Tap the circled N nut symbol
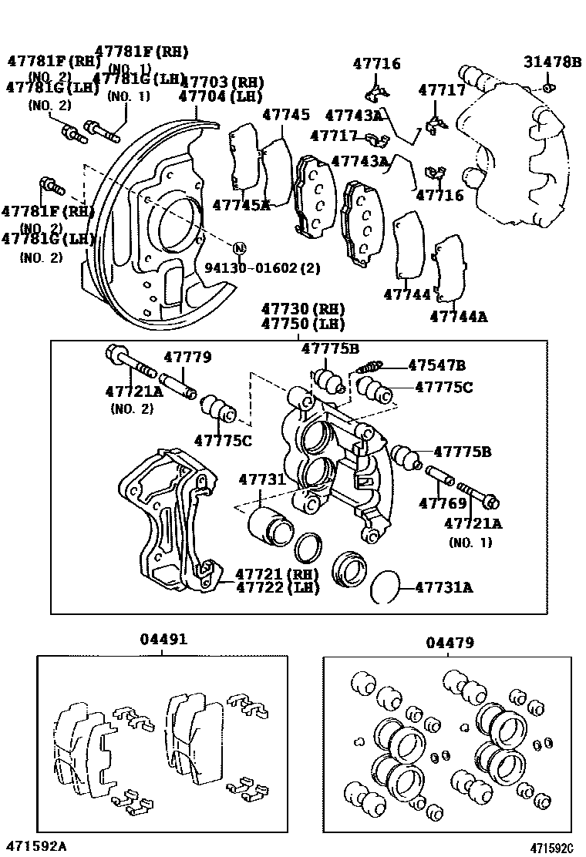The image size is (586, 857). coord(239,248)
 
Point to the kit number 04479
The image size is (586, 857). coord(450,642)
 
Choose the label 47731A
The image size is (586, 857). coord(443,587)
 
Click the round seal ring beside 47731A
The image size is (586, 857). coord(385,587)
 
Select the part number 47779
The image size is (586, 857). coord(187,358)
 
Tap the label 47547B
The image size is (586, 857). coord(436,365)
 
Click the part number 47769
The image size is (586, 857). coord(443,504)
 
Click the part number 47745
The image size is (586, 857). coord(285,115)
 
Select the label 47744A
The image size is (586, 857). coord(459,315)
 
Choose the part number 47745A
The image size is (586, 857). coord(241,205)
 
